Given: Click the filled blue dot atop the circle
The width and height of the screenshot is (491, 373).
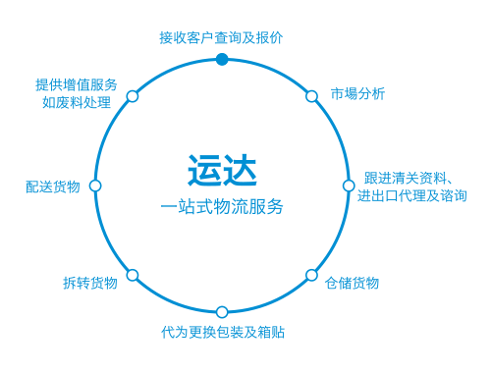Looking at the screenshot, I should (x=222, y=59).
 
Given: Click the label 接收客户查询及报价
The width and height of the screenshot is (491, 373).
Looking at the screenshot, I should (x=221, y=37).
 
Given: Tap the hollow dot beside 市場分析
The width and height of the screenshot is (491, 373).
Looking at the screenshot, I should (x=311, y=96).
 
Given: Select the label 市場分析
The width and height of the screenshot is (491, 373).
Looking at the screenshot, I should (x=357, y=94).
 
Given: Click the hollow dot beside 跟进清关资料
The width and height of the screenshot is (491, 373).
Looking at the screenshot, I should (x=349, y=186).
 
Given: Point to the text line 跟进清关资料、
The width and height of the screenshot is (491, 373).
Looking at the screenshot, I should (x=408, y=178).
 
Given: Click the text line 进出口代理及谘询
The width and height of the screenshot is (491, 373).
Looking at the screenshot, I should (x=411, y=195).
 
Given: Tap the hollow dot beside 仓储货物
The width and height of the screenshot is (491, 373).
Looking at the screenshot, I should (x=311, y=275).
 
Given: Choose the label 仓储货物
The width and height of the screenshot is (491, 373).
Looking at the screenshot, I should (x=352, y=283).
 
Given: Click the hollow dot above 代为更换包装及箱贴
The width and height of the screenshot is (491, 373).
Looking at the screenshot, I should (x=222, y=312).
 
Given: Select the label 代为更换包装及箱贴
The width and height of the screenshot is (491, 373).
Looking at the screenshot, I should (x=223, y=332).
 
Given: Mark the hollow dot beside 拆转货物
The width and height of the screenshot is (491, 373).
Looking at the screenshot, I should (x=133, y=275).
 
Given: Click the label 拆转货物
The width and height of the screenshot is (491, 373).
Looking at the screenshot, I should (x=89, y=283).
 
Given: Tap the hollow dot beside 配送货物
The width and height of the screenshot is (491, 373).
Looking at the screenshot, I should (x=95, y=186).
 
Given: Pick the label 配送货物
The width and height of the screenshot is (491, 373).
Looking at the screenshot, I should (x=53, y=186).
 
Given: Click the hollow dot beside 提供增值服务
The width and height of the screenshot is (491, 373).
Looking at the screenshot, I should (x=133, y=96).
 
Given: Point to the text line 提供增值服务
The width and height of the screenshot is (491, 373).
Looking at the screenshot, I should (x=76, y=84).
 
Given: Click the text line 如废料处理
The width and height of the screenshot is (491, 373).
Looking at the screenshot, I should (x=76, y=102).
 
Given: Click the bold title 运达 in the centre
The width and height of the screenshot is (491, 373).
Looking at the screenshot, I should (x=222, y=169).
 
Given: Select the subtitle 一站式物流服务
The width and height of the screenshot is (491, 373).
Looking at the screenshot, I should (x=222, y=207).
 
